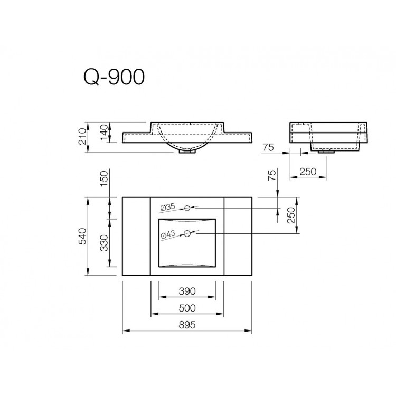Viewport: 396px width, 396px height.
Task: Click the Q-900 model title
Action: (114, 77)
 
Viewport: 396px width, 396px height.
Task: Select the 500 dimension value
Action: (187, 308)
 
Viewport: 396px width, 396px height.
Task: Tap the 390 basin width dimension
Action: (187, 291)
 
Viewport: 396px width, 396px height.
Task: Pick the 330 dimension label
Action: (104, 243)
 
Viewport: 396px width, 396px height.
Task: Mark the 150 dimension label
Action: (104, 180)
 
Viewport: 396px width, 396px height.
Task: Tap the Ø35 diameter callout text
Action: (166, 206)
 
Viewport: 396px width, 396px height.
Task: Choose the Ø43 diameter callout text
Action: (166, 234)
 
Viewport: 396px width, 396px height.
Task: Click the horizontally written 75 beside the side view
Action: (268, 148)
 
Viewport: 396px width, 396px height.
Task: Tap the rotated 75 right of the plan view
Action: (272, 176)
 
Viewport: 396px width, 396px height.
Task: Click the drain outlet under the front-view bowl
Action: (187, 152)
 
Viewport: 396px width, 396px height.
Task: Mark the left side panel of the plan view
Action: (136, 236)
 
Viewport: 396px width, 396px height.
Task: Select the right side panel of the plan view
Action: (238, 236)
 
